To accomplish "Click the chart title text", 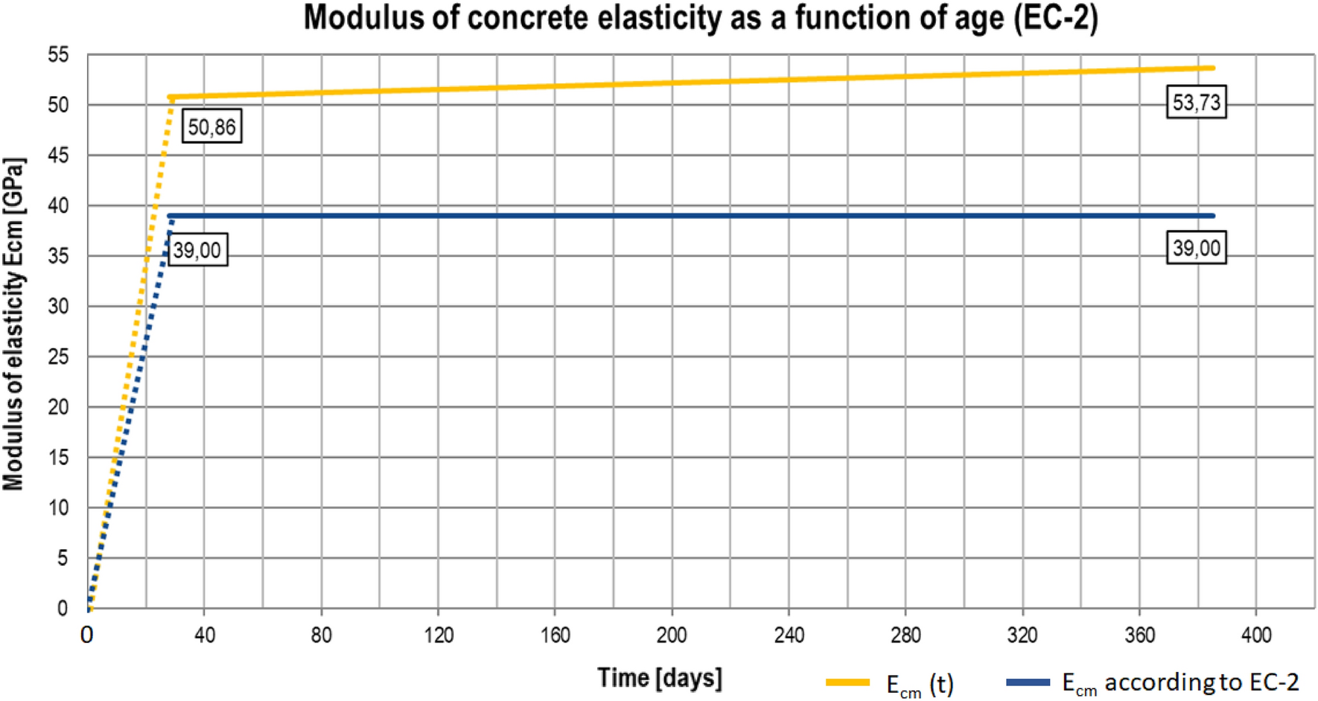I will click(x=700, y=18).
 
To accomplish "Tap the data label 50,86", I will click(x=211, y=127).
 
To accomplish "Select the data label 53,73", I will click(x=1196, y=102).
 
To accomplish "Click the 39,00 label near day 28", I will click(x=197, y=250).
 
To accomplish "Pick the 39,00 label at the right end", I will click(x=1196, y=248).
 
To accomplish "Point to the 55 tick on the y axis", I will click(x=57, y=55).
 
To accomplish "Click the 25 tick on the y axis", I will click(x=57, y=356).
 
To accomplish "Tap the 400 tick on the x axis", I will click(x=1256, y=636).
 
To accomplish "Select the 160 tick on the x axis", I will click(x=555, y=636).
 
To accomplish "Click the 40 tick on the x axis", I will click(x=204, y=636).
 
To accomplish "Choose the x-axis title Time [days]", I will click(x=659, y=678).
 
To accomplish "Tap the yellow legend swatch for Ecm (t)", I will click(x=847, y=682).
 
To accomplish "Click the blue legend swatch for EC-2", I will click(x=1028, y=682).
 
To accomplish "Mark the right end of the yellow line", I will click(x=1212, y=68).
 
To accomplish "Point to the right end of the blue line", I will click(x=1212, y=216).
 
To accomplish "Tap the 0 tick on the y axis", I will click(x=63, y=608).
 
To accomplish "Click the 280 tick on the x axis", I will click(x=905, y=636).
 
